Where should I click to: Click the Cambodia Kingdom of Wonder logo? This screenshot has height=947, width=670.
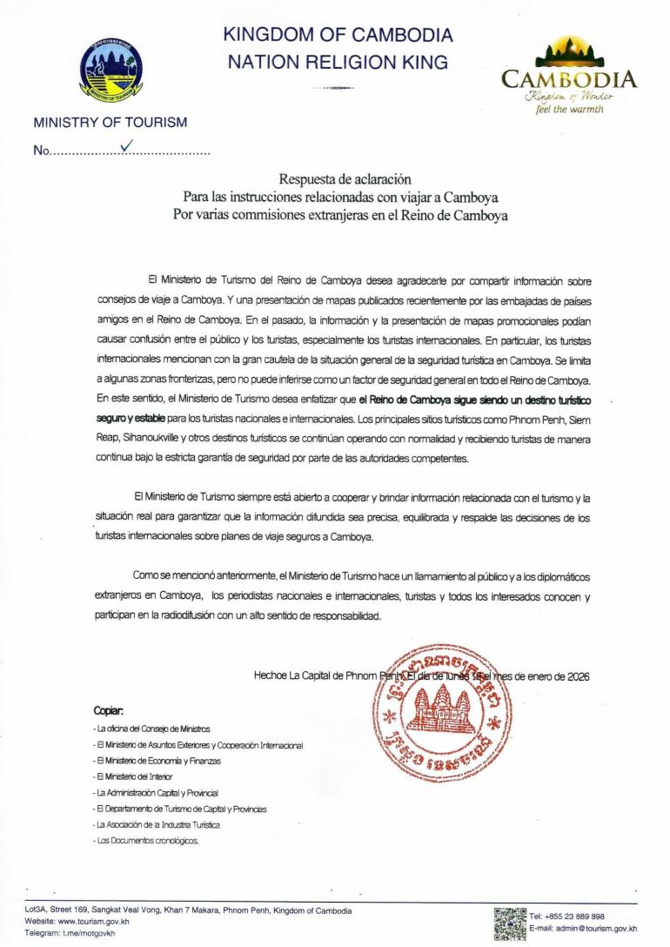click(x=568, y=75)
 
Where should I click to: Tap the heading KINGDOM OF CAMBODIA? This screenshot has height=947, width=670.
click(x=338, y=36)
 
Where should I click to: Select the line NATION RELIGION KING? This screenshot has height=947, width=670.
click(x=338, y=62)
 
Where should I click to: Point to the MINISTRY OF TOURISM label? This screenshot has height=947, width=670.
click(x=110, y=123)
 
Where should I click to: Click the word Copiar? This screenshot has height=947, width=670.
click(x=108, y=710)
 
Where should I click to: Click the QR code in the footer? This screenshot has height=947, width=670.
click(x=509, y=923)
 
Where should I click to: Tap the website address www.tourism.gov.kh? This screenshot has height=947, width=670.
click(x=95, y=921)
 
